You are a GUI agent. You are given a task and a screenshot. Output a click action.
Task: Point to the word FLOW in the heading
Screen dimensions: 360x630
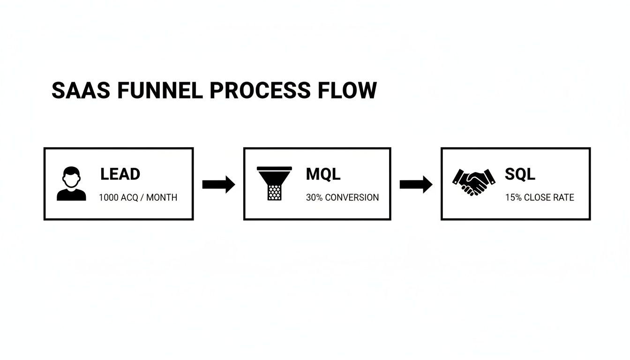tap(347, 90)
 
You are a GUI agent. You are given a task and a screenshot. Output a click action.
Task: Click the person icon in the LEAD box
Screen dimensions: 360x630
tap(71, 184)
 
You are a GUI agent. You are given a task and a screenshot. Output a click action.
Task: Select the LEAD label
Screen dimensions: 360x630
tap(120, 174)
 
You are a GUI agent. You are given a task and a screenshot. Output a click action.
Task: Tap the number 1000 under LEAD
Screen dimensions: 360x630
tap(108, 198)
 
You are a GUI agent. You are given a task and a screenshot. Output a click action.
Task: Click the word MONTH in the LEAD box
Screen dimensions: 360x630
tap(162, 198)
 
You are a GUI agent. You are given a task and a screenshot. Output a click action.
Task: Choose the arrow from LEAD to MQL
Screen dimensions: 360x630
tap(218, 184)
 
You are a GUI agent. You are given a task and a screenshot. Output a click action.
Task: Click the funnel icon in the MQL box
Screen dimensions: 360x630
tap(274, 183)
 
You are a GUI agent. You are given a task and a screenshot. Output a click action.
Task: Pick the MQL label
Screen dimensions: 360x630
tap(323, 174)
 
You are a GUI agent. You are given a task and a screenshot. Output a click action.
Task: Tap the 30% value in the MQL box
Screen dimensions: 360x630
tap(314, 198)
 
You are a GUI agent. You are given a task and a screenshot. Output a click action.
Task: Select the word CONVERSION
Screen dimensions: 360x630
tap(352, 198)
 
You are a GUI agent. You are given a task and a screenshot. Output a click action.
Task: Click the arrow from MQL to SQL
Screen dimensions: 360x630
tap(416, 184)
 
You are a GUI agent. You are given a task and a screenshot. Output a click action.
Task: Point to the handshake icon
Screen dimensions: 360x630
tap(473, 182)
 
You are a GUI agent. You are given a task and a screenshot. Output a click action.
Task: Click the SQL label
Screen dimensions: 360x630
tap(520, 174)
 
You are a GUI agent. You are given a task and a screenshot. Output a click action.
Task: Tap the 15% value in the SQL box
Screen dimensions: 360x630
tap(513, 198)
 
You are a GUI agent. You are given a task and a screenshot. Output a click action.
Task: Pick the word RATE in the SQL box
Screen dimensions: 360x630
tap(565, 198)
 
